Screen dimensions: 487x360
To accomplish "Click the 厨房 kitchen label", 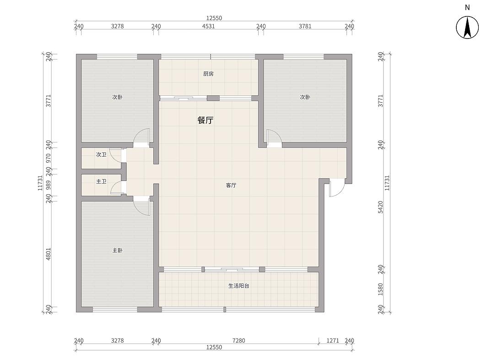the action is point(208,74).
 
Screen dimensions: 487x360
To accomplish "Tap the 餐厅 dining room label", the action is point(206,120).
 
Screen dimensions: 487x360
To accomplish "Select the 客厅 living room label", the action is point(231,185).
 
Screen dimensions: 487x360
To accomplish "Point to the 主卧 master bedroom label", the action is point(117,250).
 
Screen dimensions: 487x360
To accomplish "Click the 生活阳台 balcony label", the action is point(238,286).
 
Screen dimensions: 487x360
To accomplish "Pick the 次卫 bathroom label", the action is point(101,154).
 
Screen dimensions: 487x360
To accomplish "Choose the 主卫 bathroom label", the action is point(101,181).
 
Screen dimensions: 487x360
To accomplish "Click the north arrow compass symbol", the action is point(467,27).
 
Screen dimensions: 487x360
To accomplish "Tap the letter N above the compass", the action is point(467,7).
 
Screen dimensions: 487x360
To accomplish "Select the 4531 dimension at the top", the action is point(208,27).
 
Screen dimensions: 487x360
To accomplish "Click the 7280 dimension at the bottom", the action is point(238,340).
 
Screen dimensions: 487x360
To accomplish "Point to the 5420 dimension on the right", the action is point(381,207).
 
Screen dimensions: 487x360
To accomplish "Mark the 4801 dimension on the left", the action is point(48,254).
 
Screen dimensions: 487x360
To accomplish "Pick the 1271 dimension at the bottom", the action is point(333,340).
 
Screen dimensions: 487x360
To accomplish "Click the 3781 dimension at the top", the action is point(305,27).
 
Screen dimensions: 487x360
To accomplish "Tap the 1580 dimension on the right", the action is point(381,289).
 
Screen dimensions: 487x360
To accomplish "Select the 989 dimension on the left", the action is point(48,185).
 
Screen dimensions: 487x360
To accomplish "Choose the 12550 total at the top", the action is point(214,18).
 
